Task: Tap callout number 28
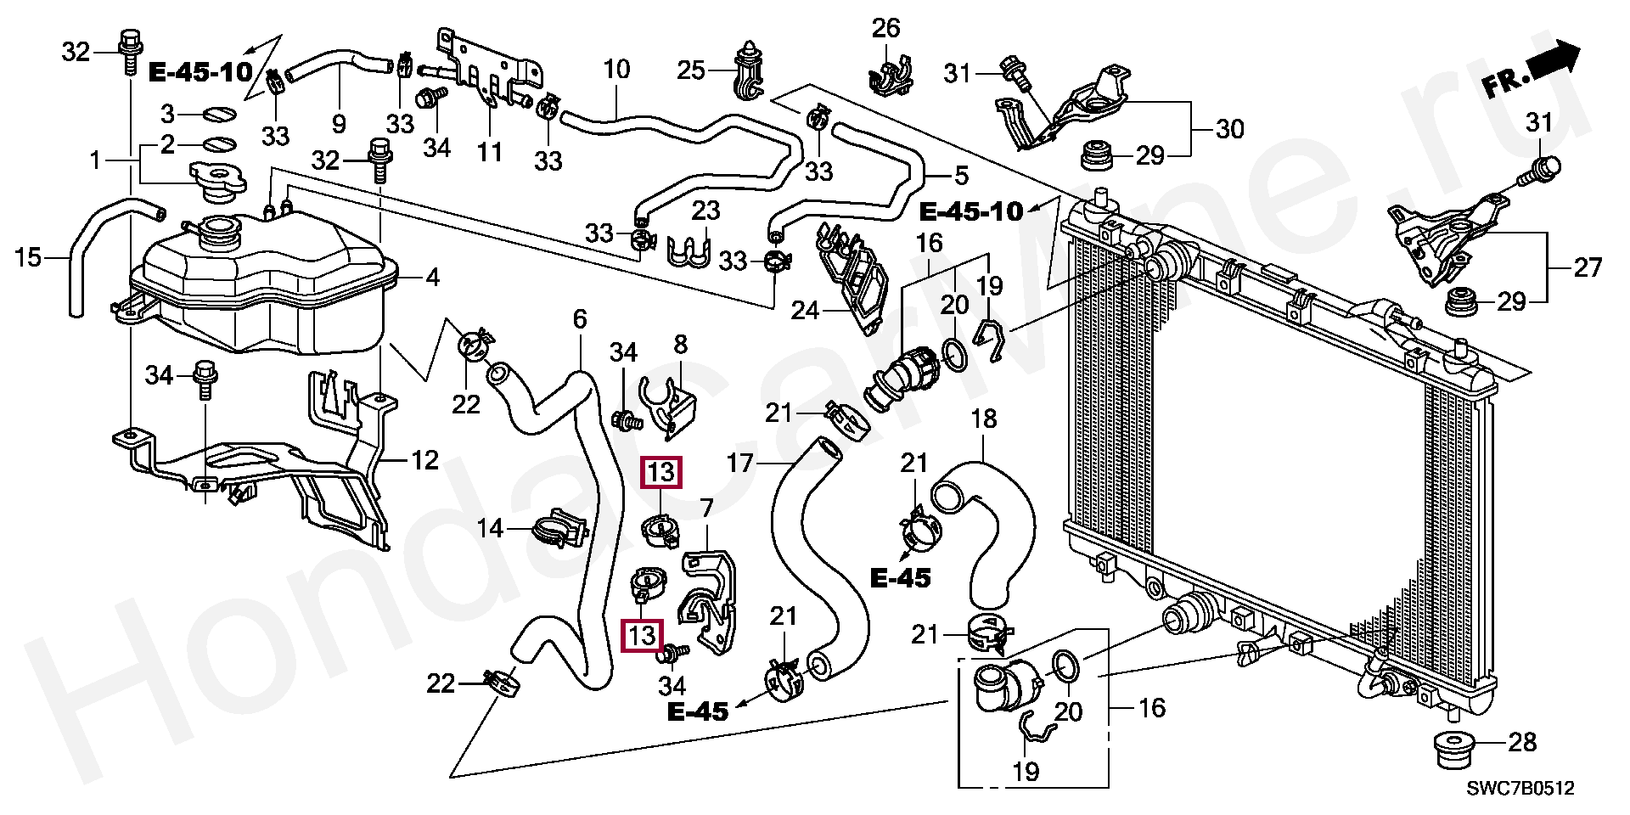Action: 1523,743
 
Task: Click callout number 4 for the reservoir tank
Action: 432,277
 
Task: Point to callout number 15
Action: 28,256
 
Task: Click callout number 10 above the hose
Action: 617,70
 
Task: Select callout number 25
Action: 692,70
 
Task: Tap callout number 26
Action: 885,29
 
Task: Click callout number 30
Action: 1229,129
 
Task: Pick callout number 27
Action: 1587,268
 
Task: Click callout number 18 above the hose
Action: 983,419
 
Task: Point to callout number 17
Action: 741,463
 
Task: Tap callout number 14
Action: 490,530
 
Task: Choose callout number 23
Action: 705,210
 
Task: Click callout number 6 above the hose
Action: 580,320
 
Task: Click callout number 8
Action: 680,345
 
